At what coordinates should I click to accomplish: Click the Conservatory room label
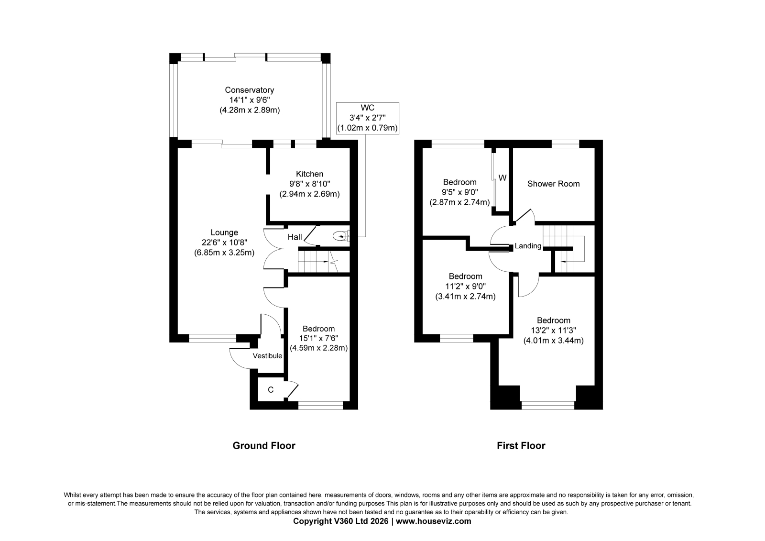(x=249, y=90)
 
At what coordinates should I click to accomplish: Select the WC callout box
(x=368, y=118)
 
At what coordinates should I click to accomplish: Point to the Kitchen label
(x=309, y=174)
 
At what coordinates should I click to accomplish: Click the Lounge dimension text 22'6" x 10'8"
(x=224, y=243)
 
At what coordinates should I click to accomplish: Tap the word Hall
(x=295, y=237)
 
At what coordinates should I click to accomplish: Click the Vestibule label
(x=267, y=356)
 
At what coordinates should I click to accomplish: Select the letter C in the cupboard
(x=271, y=390)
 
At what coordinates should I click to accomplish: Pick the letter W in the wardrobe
(x=503, y=178)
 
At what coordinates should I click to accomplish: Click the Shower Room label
(x=554, y=184)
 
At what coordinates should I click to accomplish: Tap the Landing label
(x=528, y=246)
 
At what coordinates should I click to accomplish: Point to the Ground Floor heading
(x=264, y=446)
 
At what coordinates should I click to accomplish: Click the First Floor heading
(x=521, y=446)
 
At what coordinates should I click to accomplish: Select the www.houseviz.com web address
(x=433, y=521)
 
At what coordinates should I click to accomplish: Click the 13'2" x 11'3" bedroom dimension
(x=554, y=331)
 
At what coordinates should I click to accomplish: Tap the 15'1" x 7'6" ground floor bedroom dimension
(x=318, y=338)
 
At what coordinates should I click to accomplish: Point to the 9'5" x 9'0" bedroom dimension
(x=459, y=192)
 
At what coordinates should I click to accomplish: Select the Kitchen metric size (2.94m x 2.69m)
(x=309, y=194)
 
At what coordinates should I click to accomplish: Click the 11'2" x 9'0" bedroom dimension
(x=466, y=287)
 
